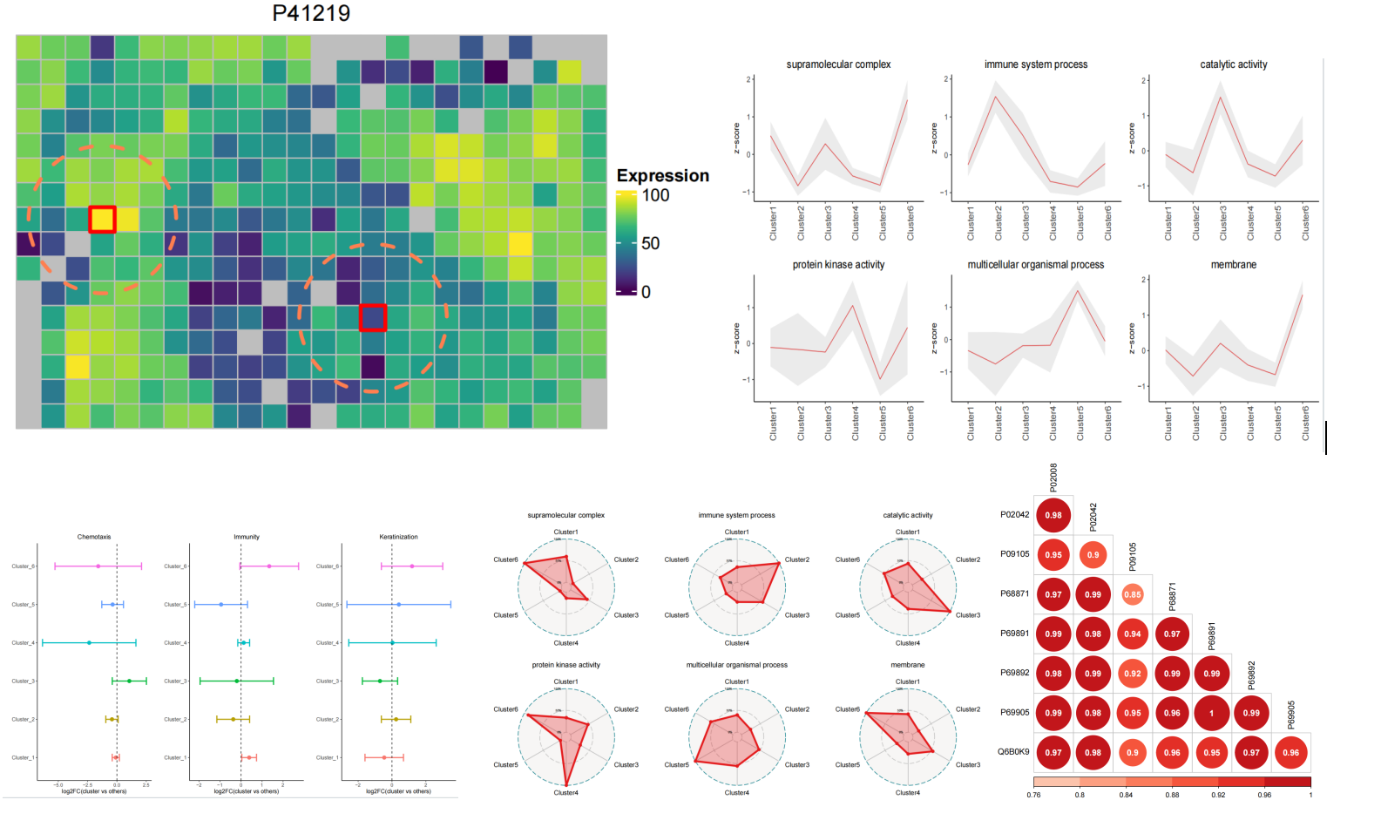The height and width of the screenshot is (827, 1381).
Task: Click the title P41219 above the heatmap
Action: coord(311,13)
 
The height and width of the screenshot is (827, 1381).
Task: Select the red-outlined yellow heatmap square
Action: coord(102,220)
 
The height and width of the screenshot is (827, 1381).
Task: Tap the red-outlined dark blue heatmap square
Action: coord(373,317)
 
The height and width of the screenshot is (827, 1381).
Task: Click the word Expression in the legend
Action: coord(662,175)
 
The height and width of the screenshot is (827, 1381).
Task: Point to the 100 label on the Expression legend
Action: coord(655,195)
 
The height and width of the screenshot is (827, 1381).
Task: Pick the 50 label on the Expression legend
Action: coord(650,243)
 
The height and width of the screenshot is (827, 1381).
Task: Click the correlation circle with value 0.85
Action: coord(1132,594)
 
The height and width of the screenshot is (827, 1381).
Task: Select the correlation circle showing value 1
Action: coord(1211,713)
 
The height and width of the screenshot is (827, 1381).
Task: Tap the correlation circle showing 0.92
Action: coord(1132,674)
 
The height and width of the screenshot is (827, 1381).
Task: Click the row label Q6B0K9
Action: coord(1013,751)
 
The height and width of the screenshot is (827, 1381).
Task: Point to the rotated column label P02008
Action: coord(1053,477)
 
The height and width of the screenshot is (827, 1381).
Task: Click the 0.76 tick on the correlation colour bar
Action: coord(1033,795)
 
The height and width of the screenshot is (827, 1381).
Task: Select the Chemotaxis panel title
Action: coord(94,537)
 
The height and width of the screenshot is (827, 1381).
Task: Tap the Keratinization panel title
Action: coord(398,537)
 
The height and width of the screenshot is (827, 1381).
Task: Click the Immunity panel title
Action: coord(247,537)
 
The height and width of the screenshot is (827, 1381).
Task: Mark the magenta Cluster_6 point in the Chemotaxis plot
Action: coord(98,566)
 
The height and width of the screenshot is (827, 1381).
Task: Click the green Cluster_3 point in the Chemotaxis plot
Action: coord(129,681)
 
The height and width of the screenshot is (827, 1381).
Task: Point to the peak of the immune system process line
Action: coord(995,96)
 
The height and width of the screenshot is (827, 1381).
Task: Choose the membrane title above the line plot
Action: coord(1233,265)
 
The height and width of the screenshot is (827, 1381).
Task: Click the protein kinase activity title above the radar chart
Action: coord(565,665)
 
